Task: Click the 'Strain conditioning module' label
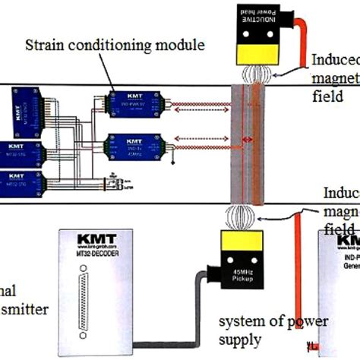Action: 115,45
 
